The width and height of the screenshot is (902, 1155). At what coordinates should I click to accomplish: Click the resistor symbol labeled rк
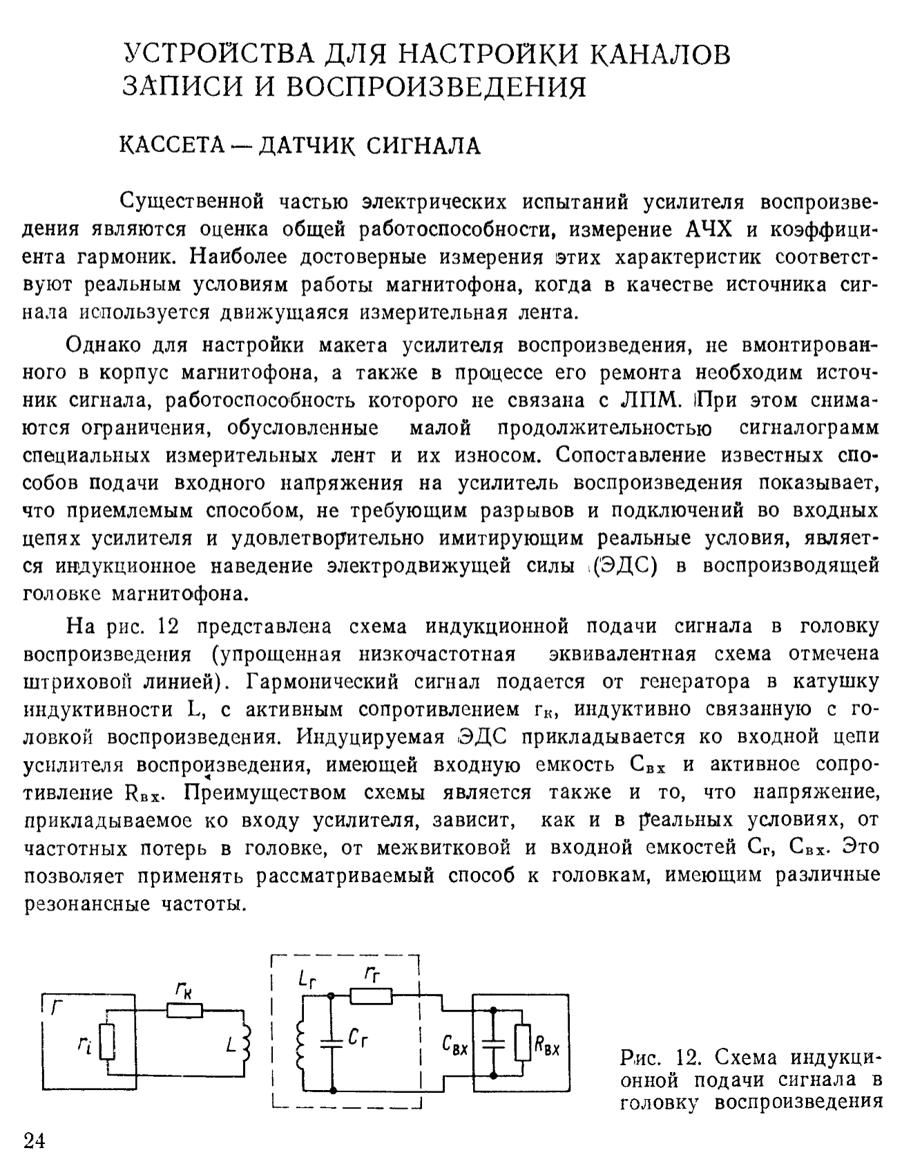point(184,1011)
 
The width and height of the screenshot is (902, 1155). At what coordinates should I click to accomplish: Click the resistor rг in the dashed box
point(371,996)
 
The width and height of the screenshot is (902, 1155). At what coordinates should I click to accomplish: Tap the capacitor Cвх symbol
point(494,1040)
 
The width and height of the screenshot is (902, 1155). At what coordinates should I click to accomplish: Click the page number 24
point(35,1139)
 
